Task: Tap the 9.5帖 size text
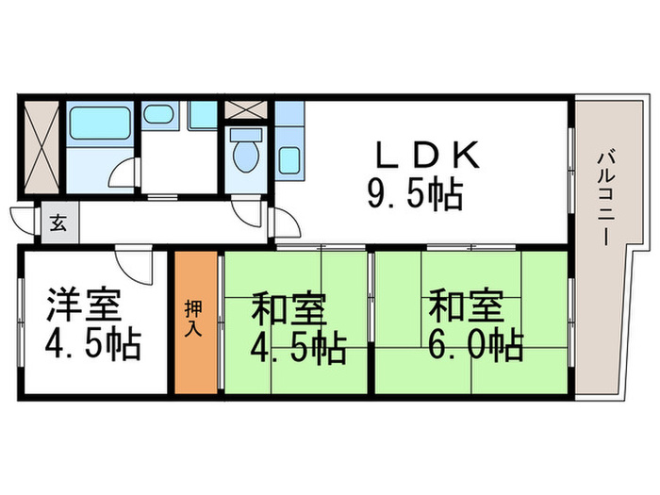click(415, 195)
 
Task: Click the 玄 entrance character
click(58, 223)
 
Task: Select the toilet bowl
click(244, 157)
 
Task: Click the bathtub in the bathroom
click(99, 124)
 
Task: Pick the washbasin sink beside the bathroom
click(157, 116)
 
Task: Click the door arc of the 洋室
click(132, 264)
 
